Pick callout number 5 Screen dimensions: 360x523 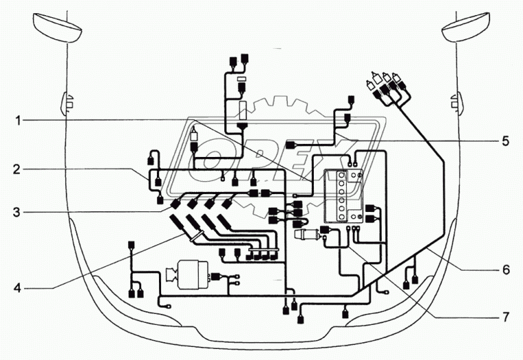pyautogui.click(x=504, y=141)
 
